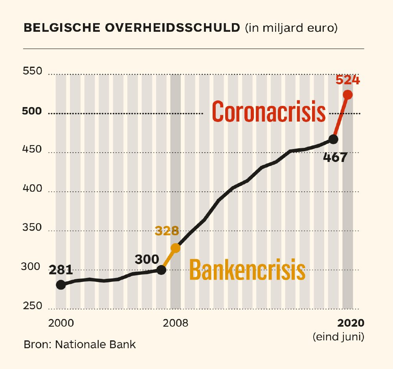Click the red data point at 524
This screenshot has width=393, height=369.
[347, 95]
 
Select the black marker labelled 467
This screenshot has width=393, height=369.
[333, 139]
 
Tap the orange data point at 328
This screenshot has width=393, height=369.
[175, 248]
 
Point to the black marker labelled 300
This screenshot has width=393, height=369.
[161, 269]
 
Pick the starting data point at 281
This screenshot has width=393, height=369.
[61, 285]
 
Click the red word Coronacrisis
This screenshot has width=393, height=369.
[269, 111]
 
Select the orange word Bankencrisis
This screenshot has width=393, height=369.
[247, 270]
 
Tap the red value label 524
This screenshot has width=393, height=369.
[347, 80]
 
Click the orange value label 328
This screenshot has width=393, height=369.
[167, 231]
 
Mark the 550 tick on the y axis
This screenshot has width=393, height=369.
[33, 72]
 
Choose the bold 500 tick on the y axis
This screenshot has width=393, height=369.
[33, 111]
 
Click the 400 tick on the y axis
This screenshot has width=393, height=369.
[33, 189]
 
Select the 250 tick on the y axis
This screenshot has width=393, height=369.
[33, 305]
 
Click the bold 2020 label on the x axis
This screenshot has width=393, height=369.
[351, 323]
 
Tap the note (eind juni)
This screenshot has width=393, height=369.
[338, 336]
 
